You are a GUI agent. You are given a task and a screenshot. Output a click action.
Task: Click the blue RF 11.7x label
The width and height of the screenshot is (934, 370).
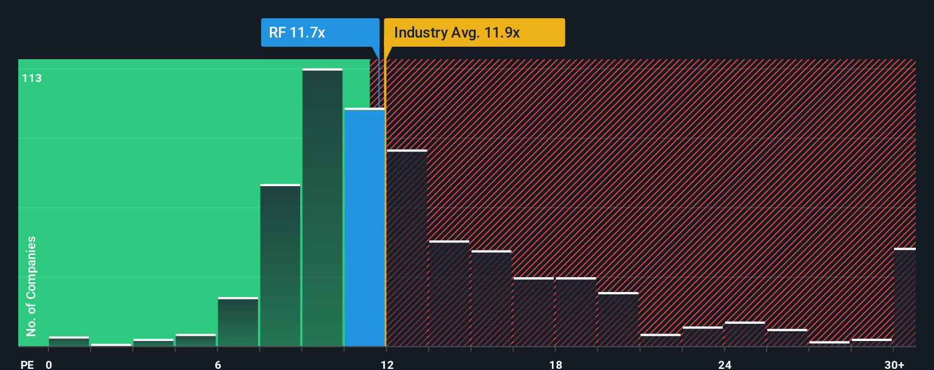point(319,32)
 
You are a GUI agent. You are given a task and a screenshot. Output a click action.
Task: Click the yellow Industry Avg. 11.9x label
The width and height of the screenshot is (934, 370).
point(474,32)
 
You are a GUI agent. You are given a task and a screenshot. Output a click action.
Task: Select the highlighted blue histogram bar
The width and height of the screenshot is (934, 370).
point(364,228)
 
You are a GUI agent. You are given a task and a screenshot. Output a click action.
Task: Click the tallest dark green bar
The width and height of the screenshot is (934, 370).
point(322,208)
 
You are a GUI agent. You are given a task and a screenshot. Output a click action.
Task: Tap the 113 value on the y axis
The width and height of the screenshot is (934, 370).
point(32,79)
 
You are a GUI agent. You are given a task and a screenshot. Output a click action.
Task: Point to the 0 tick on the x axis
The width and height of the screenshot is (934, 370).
point(49,364)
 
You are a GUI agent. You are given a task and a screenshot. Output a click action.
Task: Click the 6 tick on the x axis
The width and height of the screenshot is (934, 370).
point(218,364)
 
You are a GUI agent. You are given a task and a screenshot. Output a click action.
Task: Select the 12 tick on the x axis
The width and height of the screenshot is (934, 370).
point(387,364)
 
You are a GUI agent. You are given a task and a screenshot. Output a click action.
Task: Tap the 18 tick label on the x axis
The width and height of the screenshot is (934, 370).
point(556,364)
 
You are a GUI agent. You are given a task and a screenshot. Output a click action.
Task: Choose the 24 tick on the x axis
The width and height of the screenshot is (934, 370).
point(724,364)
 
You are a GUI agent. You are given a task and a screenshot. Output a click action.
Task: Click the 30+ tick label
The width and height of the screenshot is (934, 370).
point(894,364)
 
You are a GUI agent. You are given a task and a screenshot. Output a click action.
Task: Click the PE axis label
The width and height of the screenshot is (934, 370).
point(27,364)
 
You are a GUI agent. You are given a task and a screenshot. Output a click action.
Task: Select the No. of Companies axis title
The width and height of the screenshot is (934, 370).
point(31,286)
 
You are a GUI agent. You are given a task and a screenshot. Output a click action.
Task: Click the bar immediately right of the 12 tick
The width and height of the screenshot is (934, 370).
point(407,248)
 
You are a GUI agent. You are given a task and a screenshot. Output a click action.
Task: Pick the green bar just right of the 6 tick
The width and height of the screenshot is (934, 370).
point(238,322)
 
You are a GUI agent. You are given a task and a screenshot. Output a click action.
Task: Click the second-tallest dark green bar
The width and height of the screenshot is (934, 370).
point(280,265)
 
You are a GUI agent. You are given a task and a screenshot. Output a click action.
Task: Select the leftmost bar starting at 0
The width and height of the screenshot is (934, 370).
point(69,342)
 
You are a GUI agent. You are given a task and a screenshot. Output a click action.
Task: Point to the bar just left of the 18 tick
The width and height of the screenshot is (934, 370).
point(534,312)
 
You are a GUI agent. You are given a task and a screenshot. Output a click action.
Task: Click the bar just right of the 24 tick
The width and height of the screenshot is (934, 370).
point(744,334)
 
